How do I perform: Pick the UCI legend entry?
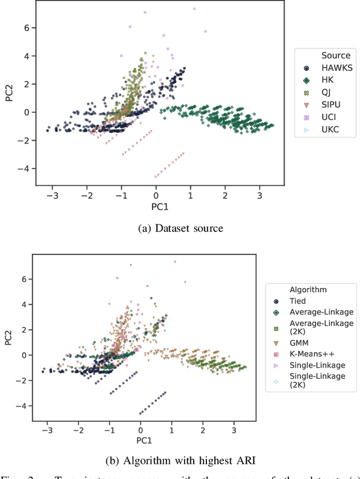pyautogui.click(x=328, y=117)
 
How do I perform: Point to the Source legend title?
pyautogui.click(x=336, y=56)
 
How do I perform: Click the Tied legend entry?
pyautogui.click(x=298, y=301)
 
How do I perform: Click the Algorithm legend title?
pyautogui.click(x=308, y=290)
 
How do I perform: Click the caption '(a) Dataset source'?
pyautogui.click(x=179, y=228)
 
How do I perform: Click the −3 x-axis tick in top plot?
pyautogui.click(x=52, y=195)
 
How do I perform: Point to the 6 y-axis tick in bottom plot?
pyautogui.click(x=23, y=279)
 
